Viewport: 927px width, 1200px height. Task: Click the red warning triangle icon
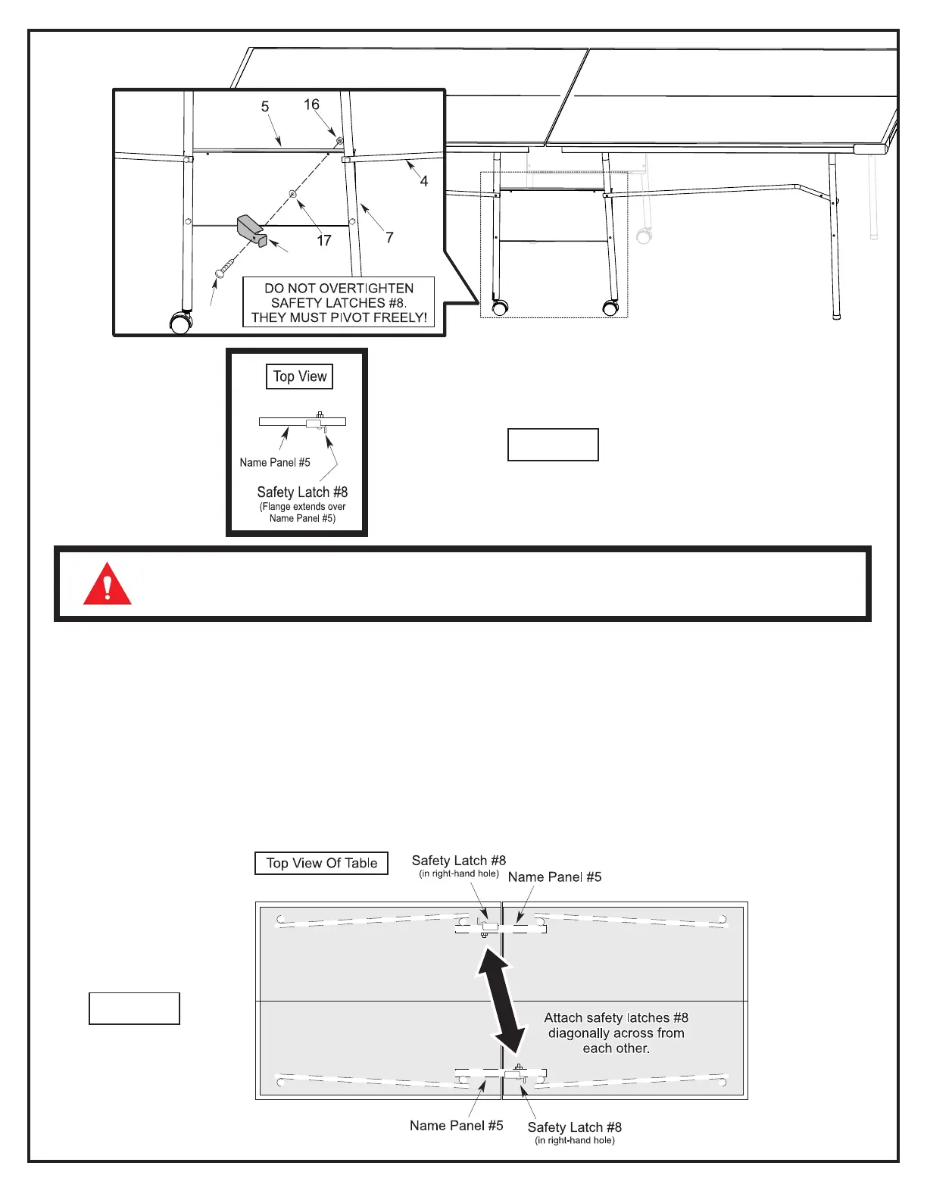point(108,585)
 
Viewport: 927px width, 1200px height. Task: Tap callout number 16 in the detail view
point(311,105)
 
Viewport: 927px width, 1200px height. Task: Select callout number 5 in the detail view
point(265,107)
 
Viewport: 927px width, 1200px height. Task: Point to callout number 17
point(324,241)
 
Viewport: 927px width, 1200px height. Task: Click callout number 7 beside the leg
point(389,238)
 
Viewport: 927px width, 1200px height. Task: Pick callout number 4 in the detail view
point(424,181)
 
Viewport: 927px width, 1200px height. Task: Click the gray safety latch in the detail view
point(251,230)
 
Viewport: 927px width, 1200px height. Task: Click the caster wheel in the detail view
point(181,323)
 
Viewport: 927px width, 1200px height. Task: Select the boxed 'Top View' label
point(299,377)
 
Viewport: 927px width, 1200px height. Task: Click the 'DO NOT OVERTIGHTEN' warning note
point(339,302)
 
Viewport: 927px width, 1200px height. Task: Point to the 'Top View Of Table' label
point(321,864)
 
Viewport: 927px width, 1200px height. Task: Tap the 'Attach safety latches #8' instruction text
point(616,1033)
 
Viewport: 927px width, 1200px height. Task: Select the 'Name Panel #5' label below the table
point(456,1126)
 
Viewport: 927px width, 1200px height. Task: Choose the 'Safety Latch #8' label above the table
point(458,861)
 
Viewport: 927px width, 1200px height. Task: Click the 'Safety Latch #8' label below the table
point(574,1128)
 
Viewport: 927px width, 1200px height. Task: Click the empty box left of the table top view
point(134,1008)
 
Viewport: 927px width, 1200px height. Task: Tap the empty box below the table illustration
point(553,445)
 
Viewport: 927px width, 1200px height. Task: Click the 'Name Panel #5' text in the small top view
point(275,463)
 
